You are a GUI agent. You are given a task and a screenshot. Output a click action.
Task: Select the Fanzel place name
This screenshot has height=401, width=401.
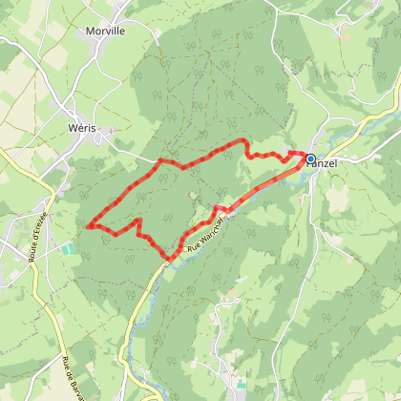pos(322,164)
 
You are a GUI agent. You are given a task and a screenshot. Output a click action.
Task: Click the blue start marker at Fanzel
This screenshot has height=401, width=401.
pos(310,158)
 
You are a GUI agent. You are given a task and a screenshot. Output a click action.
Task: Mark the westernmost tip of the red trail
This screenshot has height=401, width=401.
pos(88,226)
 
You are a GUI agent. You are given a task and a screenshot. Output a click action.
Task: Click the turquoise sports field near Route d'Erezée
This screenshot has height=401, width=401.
pos(68,249)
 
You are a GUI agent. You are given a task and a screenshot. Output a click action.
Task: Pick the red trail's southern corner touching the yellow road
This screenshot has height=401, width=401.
pos(171,258)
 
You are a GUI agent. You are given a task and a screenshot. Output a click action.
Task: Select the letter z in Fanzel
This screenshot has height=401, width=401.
pos(327,164)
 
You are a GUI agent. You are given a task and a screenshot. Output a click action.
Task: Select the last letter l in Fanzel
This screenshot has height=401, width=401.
pos(336,164)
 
